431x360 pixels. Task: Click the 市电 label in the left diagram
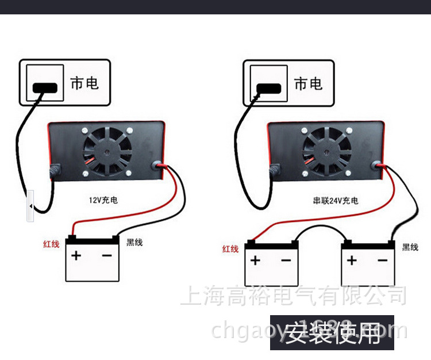pyautogui.click(x=84, y=83)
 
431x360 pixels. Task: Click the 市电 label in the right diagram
pyautogui.click(x=308, y=84)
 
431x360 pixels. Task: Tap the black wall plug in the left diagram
pyautogui.click(x=45, y=88)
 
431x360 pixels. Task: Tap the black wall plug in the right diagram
pyautogui.click(x=268, y=88)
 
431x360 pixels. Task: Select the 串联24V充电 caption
pyautogui.click(x=336, y=201)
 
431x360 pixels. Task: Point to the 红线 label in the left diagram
pyautogui.click(x=51, y=244)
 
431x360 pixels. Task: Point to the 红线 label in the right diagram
pyautogui.click(x=230, y=249)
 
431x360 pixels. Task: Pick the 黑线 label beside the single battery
pyautogui.click(x=134, y=242)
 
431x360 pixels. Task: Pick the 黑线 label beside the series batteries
pyautogui.click(x=410, y=247)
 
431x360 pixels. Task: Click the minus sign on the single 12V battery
pyautogui.click(x=107, y=255)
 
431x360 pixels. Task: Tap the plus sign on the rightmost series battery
pyautogui.click(x=352, y=261)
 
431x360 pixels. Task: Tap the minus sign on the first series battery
pyautogui.click(x=286, y=261)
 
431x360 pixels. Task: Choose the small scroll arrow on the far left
pyautogui.click(x=30, y=205)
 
